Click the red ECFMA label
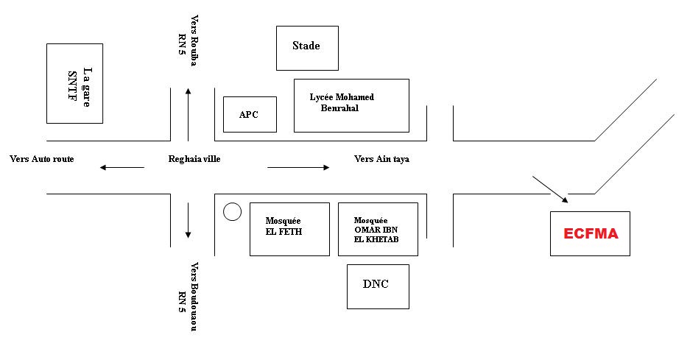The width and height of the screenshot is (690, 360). click(591, 234)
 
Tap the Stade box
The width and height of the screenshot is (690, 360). click(307, 48)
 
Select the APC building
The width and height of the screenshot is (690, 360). click(250, 114)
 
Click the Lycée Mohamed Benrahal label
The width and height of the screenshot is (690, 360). click(342, 102)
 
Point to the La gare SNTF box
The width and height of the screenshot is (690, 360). click(74, 83)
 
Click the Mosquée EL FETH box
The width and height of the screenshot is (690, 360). click(289, 228)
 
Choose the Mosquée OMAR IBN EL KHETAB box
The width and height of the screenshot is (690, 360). click(378, 228)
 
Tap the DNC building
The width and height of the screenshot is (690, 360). click(376, 285)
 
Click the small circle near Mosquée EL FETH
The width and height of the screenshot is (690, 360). click(232, 212)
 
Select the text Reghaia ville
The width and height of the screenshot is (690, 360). click(194, 158)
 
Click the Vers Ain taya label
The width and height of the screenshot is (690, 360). click(381, 158)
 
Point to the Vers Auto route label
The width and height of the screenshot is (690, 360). click(42, 158)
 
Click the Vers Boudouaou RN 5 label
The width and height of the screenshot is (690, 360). click(188, 296)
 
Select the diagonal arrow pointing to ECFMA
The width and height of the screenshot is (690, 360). click(550, 189)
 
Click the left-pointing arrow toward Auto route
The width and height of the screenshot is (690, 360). click(122, 168)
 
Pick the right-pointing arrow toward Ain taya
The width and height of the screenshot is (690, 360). click(298, 168)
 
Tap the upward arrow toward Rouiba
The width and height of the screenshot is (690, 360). click(189, 114)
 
